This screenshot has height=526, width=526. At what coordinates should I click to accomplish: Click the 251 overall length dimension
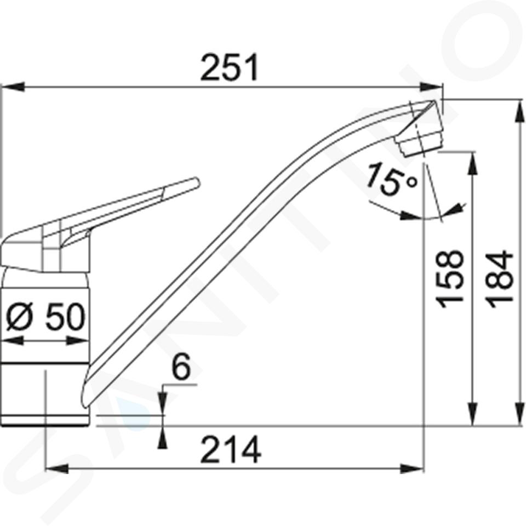point(230,67)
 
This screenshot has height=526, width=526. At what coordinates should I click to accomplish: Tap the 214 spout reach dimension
point(231,449)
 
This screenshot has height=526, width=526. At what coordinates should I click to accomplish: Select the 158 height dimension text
point(449,279)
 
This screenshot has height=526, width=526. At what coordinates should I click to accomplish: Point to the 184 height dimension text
point(499,279)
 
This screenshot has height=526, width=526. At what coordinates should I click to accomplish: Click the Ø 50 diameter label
point(46,316)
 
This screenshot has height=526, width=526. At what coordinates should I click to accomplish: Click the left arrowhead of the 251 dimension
point(13,87)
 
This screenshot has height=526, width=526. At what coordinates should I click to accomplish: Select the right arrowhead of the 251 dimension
point(432,87)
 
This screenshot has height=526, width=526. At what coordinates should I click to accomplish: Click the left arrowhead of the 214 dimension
point(57,468)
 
